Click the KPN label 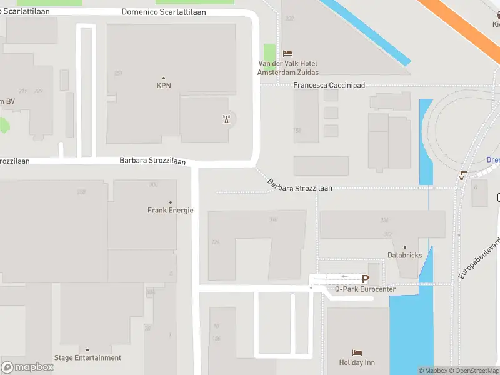click(164, 86)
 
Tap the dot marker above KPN click(164, 78)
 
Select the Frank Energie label click(171, 211)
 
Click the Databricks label click(405, 255)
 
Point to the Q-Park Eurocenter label click(366, 289)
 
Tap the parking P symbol click(366, 279)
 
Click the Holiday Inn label click(357, 362)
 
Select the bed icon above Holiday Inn click(357, 353)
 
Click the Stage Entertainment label click(87, 358)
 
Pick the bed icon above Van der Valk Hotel click(287, 53)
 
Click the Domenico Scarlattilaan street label click(164, 12)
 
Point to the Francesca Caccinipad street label click(329, 85)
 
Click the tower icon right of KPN click(226, 119)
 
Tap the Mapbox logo click(27, 367)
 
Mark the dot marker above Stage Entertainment click(87, 350)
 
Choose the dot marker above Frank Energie click(171, 202)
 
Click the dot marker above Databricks click(405, 247)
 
